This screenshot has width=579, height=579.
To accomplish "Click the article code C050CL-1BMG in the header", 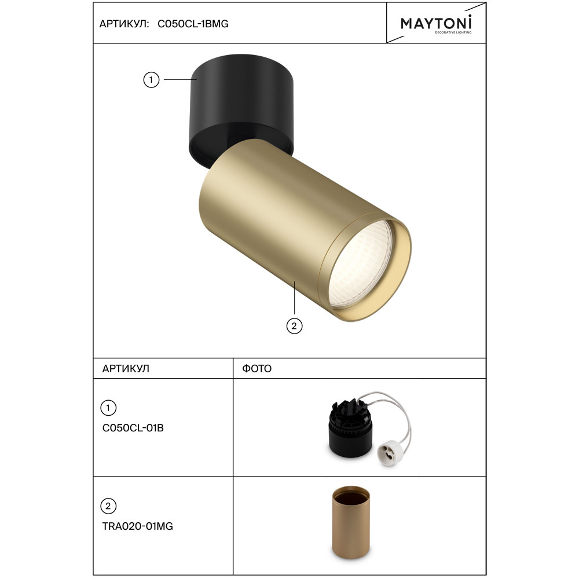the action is point(193,24).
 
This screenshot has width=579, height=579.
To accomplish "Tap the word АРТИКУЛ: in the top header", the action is point(124,24).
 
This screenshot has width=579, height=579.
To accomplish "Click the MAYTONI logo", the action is point(436,23).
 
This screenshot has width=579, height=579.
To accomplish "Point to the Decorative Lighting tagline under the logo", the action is point(453,32).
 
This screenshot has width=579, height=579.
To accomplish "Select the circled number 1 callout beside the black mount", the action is point(151,80).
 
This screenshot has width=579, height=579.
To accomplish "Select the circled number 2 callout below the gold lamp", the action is point(294,326).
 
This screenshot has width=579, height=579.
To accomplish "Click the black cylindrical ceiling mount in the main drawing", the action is point(241,107).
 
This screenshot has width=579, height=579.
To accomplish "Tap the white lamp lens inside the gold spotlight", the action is point(360,265).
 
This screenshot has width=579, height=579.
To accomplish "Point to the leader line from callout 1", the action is point(180,79).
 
